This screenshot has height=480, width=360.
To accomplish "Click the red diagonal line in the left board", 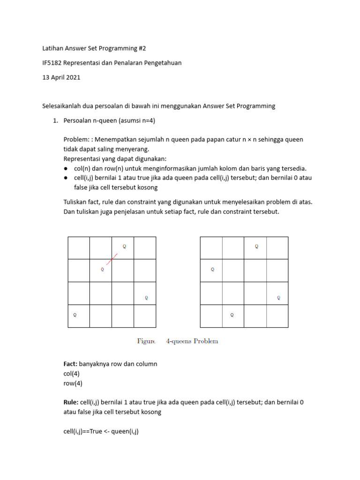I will point(112,258).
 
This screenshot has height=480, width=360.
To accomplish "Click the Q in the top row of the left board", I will point(124,246).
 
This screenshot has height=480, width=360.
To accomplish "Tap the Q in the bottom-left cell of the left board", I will point(75,315).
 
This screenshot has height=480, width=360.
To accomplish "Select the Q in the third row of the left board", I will point(147,297).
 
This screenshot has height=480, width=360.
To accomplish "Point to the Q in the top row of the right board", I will point(256,246).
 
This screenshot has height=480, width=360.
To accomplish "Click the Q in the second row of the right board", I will point(212,270).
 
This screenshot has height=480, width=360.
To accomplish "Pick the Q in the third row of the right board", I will point(278,297).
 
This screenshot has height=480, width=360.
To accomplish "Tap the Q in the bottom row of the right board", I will point(232,315).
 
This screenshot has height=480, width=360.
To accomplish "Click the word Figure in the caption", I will point(146,341).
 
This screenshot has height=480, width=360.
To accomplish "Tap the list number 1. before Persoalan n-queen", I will point(55,120).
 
